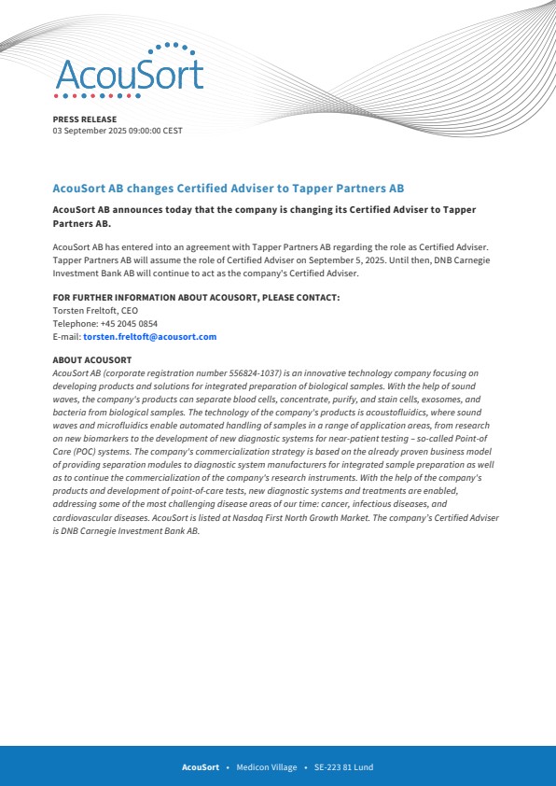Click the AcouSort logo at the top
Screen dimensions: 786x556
(x=128, y=72)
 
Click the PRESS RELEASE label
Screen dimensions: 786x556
(x=85, y=119)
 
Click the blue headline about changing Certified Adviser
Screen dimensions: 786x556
(x=228, y=188)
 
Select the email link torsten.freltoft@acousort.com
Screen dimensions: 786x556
(x=149, y=336)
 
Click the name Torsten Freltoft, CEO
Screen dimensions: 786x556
(x=95, y=310)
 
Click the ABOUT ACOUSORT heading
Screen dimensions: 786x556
(x=92, y=359)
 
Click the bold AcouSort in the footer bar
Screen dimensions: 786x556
(x=201, y=767)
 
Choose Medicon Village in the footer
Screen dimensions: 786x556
(x=267, y=767)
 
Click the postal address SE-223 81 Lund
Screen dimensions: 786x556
(x=343, y=767)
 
